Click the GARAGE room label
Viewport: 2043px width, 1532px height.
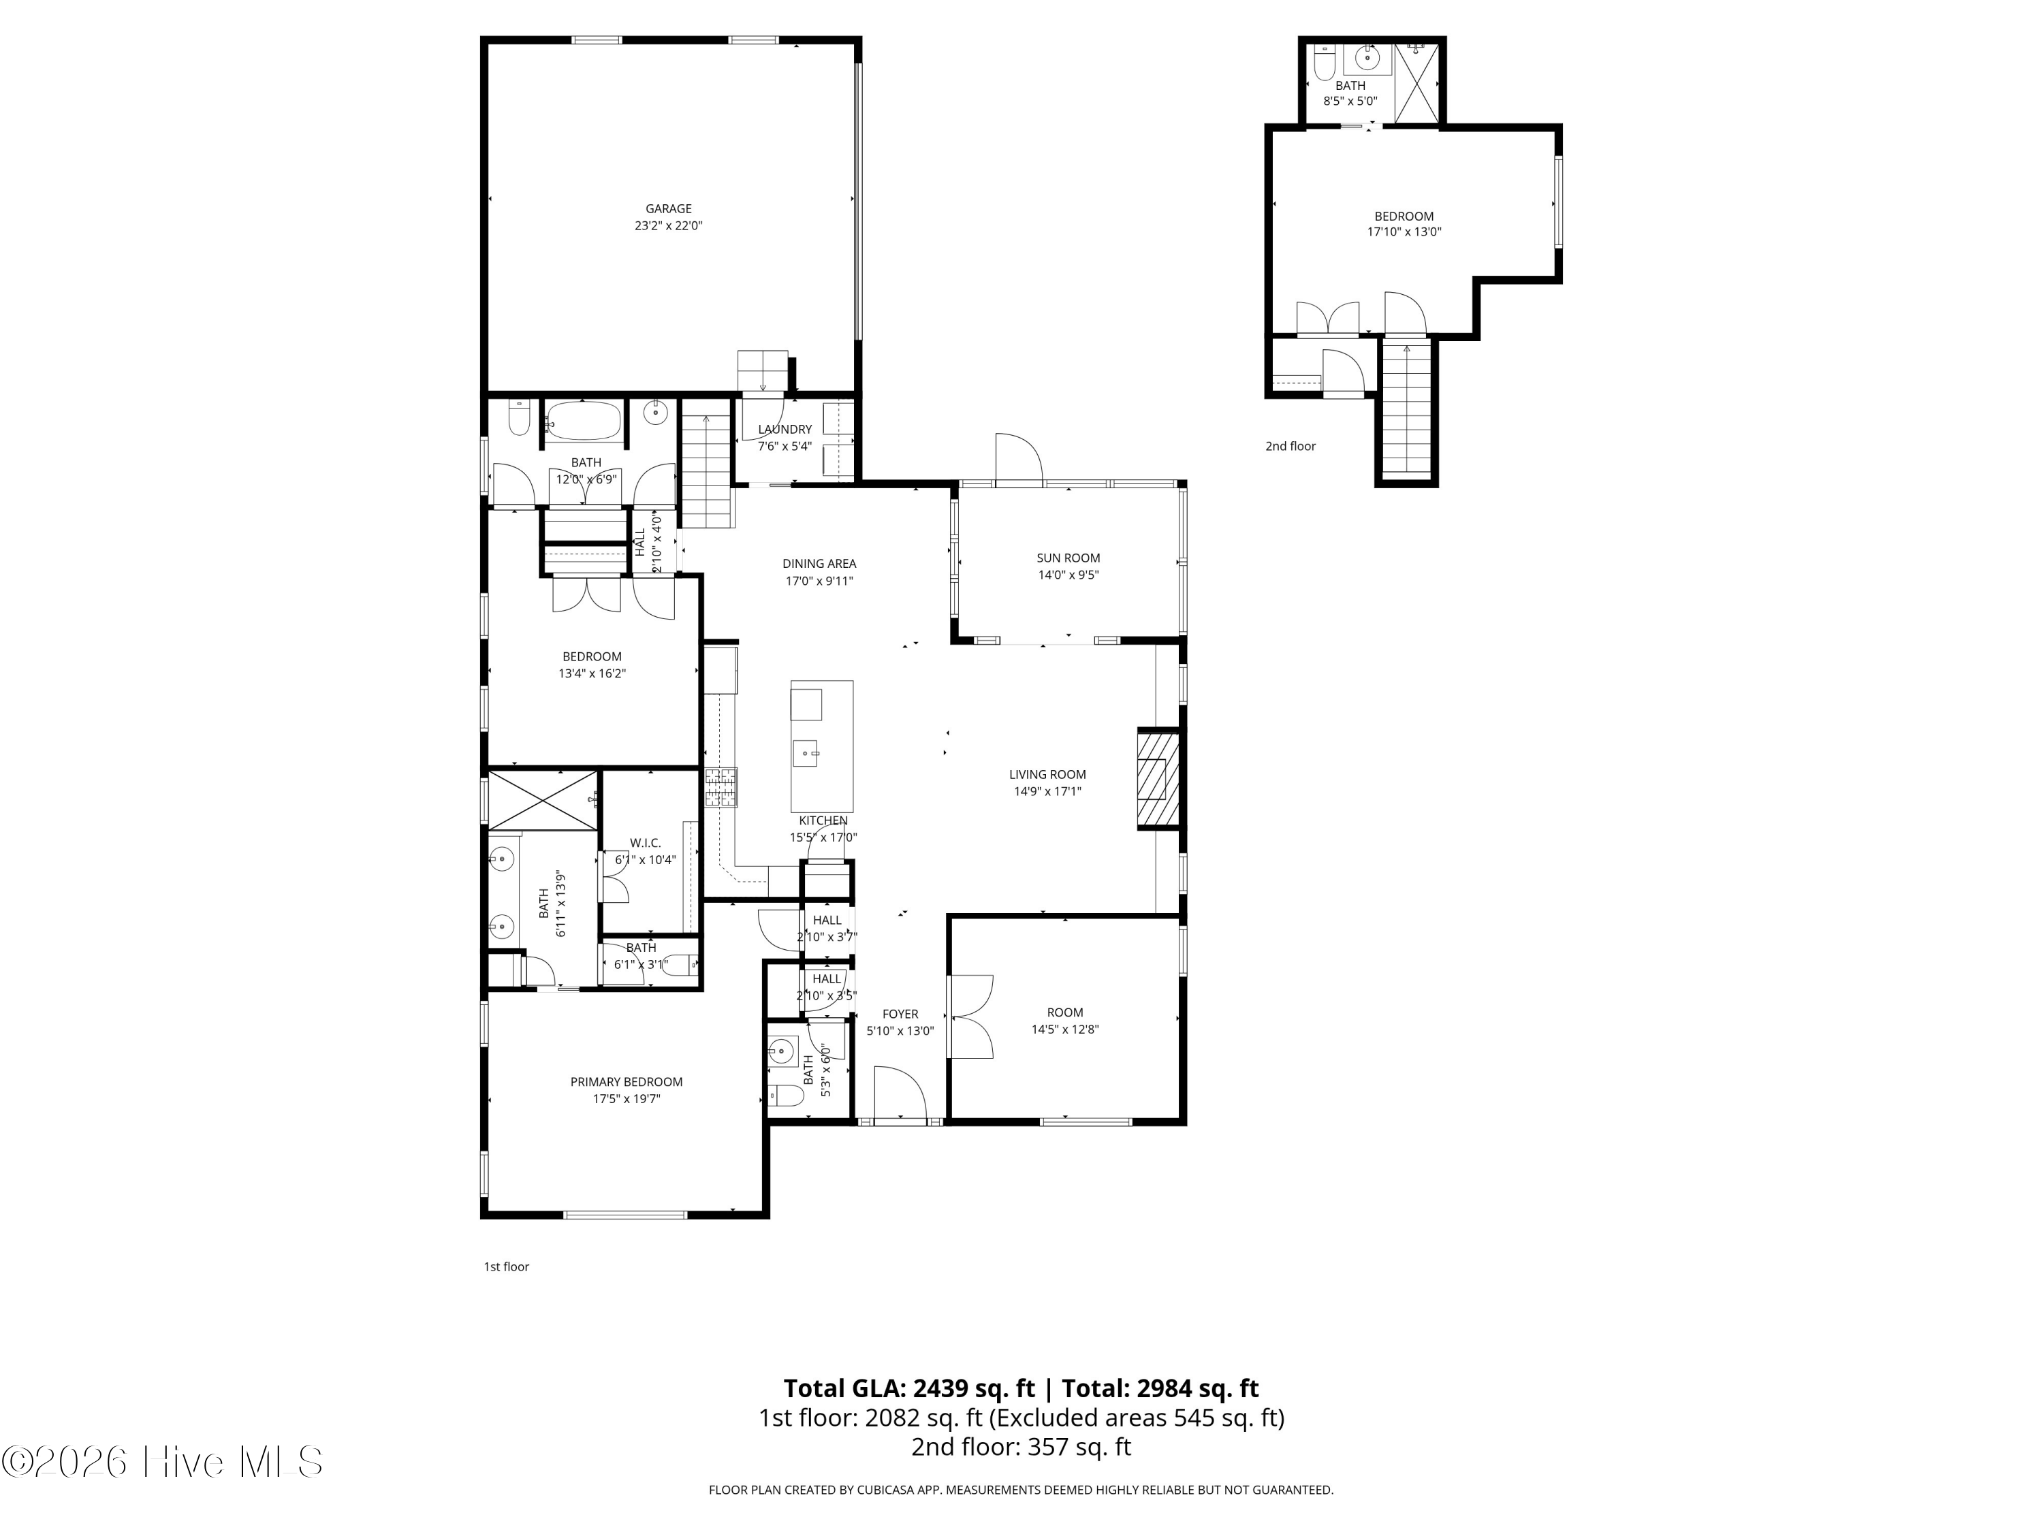[x=668, y=209]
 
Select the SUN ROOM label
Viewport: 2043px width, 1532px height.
[x=1068, y=558]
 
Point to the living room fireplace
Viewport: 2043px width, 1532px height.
[x=1157, y=778]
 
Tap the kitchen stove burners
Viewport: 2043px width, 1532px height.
[x=720, y=788]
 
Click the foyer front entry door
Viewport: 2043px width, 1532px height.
[x=900, y=1095]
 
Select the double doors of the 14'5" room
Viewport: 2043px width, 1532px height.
[x=970, y=1016]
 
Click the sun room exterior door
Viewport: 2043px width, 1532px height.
[x=1018, y=458]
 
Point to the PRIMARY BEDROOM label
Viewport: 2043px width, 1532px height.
[x=627, y=1081]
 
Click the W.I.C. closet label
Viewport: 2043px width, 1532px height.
[x=645, y=842]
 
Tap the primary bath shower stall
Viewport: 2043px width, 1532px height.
[x=542, y=799]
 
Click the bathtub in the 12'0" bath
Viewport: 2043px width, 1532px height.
[x=583, y=421]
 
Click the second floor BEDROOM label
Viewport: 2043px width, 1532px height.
[x=1403, y=216]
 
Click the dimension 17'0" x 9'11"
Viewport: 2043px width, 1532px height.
[x=819, y=581]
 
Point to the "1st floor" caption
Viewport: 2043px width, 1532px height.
[x=506, y=1266]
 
